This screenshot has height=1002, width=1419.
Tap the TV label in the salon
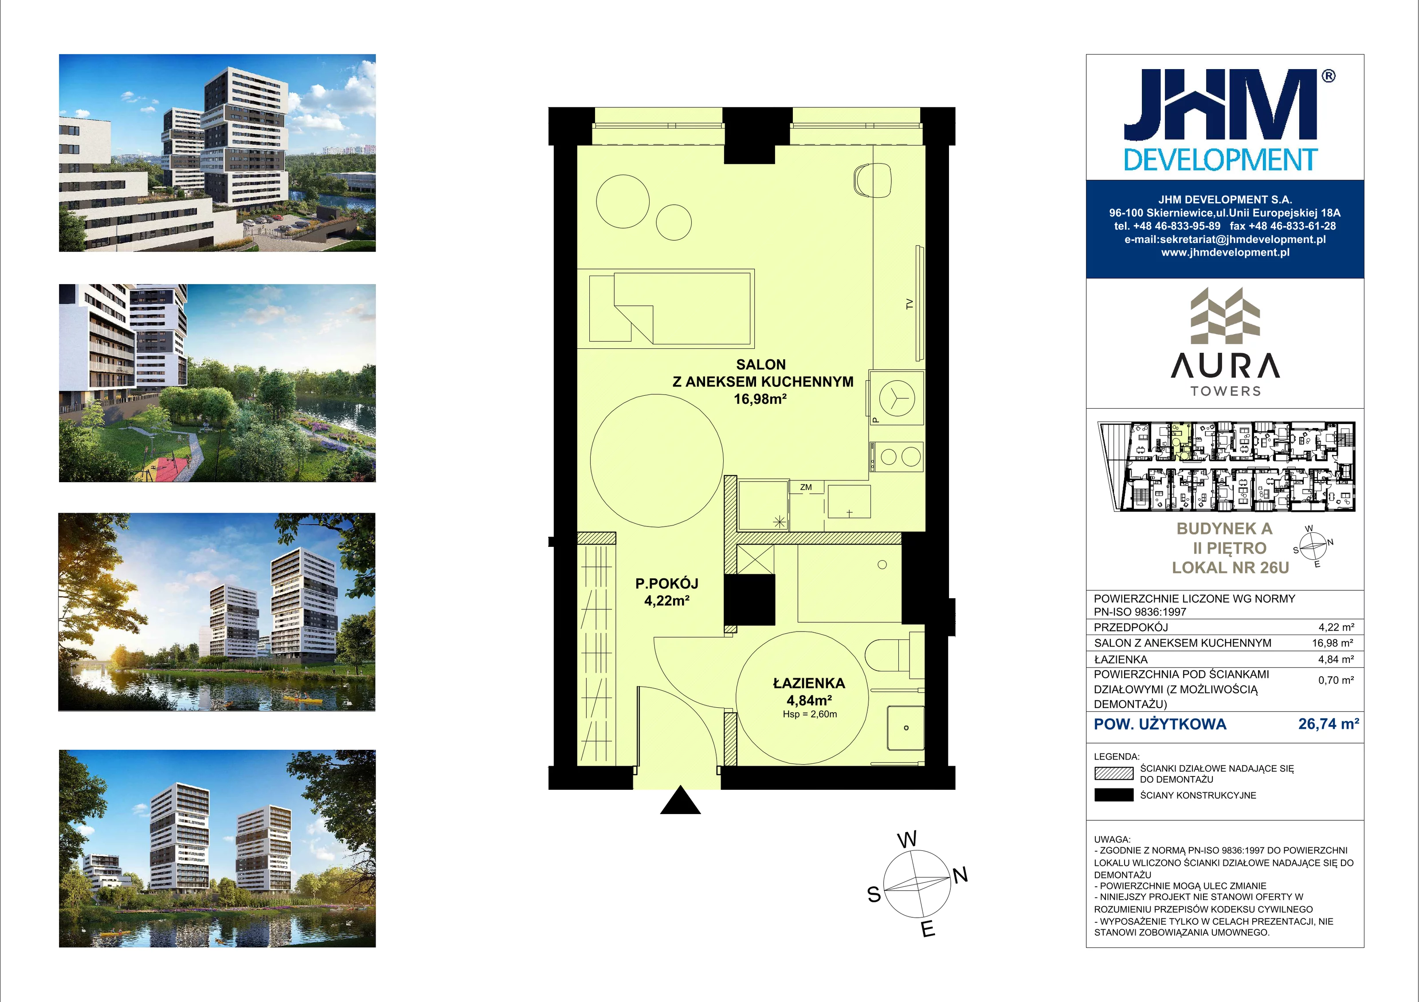click(x=909, y=304)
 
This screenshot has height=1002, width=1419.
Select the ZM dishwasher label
click(x=806, y=487)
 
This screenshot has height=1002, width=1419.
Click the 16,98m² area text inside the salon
click(x=760, y=399)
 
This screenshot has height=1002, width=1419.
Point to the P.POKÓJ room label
click(x=667, y=583)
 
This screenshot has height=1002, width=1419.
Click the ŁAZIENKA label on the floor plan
click(x=809, y=683)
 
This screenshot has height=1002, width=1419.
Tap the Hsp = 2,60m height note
click(x=810, y=714)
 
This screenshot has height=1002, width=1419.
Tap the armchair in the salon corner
click(x=872, y=180)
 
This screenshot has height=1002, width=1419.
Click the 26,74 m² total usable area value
click(x=1328, y=724)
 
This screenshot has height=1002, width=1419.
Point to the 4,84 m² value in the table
click(x=1336, y=659)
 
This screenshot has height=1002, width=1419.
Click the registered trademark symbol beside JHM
click(x=1329, y=75)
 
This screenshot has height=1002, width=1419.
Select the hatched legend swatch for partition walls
click(x=1113, y=773)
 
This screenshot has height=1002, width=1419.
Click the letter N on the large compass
click(x=960, y=875)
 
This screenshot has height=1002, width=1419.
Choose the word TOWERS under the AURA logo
click(x=1226, y=391)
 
